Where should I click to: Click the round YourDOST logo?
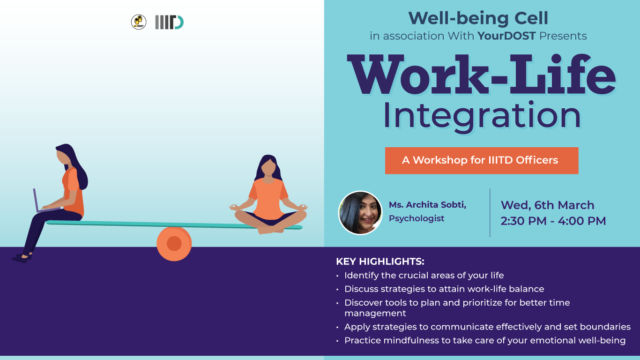click(139, 22)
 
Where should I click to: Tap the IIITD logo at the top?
click(169, 22)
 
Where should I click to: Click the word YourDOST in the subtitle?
click(506, 36)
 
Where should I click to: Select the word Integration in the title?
click(482, 116)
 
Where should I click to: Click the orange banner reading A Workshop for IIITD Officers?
click(482, 160)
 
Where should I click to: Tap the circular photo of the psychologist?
click(360, 213)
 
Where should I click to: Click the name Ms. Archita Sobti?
click(427, 205)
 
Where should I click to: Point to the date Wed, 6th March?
click(547, 205)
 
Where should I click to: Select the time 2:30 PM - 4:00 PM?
click(553, 221)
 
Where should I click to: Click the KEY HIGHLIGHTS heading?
click(380, 262)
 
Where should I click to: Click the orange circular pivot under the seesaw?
click(174, 244)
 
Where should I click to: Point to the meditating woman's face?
click(268, 167)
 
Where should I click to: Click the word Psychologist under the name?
click(417, 218)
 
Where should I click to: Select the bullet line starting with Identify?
click(424, 275)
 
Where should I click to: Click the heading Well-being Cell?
click(478, 18)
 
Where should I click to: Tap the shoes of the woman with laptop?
click(22, 258)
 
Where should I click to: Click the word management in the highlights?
click(375, 314)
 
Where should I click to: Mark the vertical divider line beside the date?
click(490, 213)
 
